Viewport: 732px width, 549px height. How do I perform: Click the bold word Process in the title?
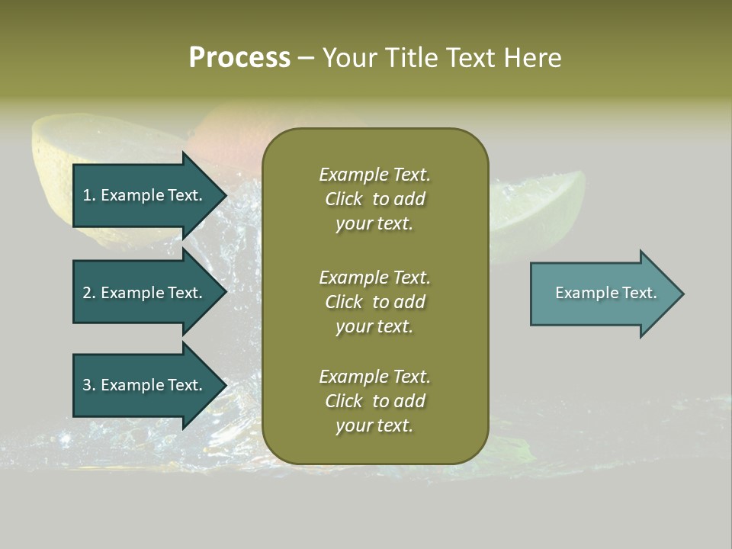click(x=239, y=58)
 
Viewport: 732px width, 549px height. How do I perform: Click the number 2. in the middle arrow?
click(x=89, y=293)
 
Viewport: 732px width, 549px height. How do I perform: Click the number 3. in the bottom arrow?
click(x=89, y=385)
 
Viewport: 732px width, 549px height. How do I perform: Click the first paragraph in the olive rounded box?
click(x=374, y=199)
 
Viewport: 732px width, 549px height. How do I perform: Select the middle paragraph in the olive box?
click(x=374, y=301)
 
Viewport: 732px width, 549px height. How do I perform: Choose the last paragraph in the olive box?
click(x=374, y=401)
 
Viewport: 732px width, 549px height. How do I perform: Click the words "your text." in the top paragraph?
click(x=374, y=224)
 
